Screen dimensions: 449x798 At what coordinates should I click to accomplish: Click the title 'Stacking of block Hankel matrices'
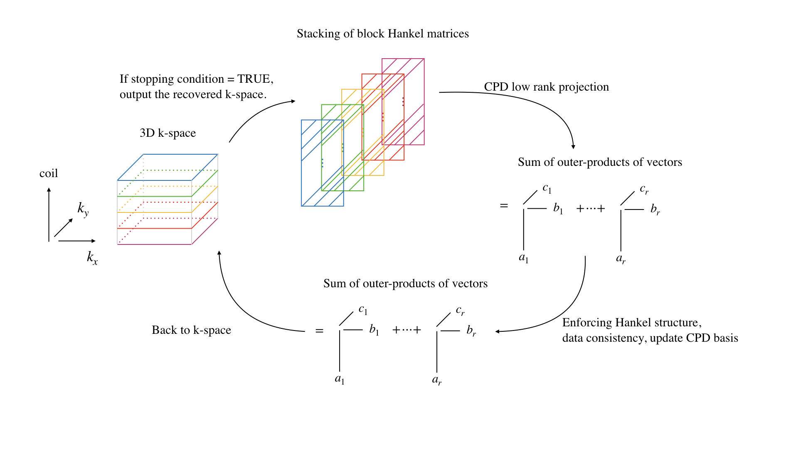pos(382,34)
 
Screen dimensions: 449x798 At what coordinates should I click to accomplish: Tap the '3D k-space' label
pos(167,133)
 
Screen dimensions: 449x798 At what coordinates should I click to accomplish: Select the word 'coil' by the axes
pos(49,173)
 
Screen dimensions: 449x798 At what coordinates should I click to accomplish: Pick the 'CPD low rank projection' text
pos(546,87)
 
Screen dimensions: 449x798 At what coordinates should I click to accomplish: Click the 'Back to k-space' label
pos(191,330)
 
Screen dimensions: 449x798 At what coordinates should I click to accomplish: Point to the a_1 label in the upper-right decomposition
pos(524,258)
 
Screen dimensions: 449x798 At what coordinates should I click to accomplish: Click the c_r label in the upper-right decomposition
pos(644,189)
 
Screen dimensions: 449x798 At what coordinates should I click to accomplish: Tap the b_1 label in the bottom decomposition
pos(374,330)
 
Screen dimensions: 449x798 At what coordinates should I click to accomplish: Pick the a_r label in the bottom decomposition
pos(436,380)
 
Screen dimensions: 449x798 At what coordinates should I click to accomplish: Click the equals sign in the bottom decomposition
pos(319,331)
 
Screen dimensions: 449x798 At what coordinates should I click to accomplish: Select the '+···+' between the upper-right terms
pos(590,209)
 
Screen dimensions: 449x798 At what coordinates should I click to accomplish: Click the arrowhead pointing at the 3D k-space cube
pos(219,253)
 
